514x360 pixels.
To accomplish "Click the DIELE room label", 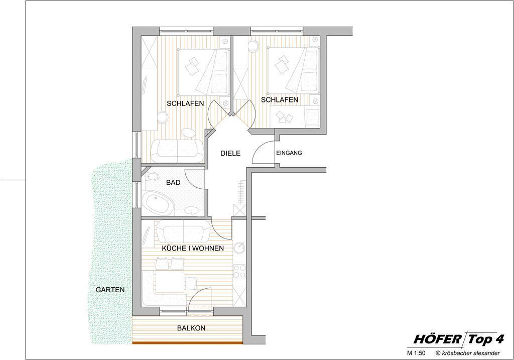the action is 230,153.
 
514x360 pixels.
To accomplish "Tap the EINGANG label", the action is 289,153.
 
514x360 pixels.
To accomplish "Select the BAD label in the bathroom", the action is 173,183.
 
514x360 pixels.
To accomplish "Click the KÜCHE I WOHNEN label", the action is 193,248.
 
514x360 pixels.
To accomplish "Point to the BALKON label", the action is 191,328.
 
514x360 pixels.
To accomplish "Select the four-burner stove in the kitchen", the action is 239,271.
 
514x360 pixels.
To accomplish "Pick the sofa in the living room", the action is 183,231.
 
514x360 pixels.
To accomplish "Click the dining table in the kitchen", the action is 170,281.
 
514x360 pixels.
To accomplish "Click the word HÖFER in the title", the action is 438,339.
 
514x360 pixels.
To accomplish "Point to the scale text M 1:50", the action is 416,353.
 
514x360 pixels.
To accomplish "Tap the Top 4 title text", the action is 485,339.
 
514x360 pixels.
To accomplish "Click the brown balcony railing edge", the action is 187,342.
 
